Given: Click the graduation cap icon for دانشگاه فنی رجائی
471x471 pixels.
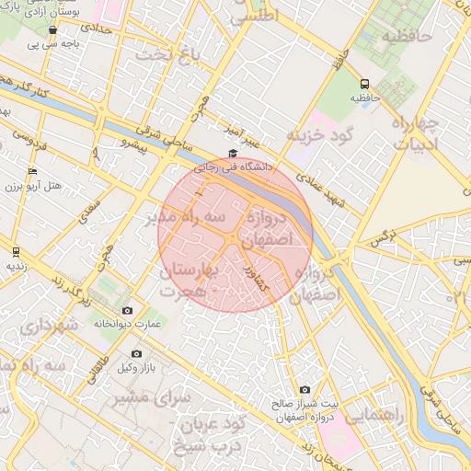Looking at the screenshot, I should pos(233,154).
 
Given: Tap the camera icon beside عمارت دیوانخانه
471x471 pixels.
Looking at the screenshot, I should pos(127,310).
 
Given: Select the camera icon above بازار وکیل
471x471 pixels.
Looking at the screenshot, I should pos(136,353).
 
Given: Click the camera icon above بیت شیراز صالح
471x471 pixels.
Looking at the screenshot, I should pos(304,390).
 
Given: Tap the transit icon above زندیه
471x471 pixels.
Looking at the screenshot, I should pos(15,250).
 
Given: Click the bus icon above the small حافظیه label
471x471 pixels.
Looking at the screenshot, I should pos(365,82).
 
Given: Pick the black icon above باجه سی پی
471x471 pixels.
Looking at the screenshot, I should pos(52,29).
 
